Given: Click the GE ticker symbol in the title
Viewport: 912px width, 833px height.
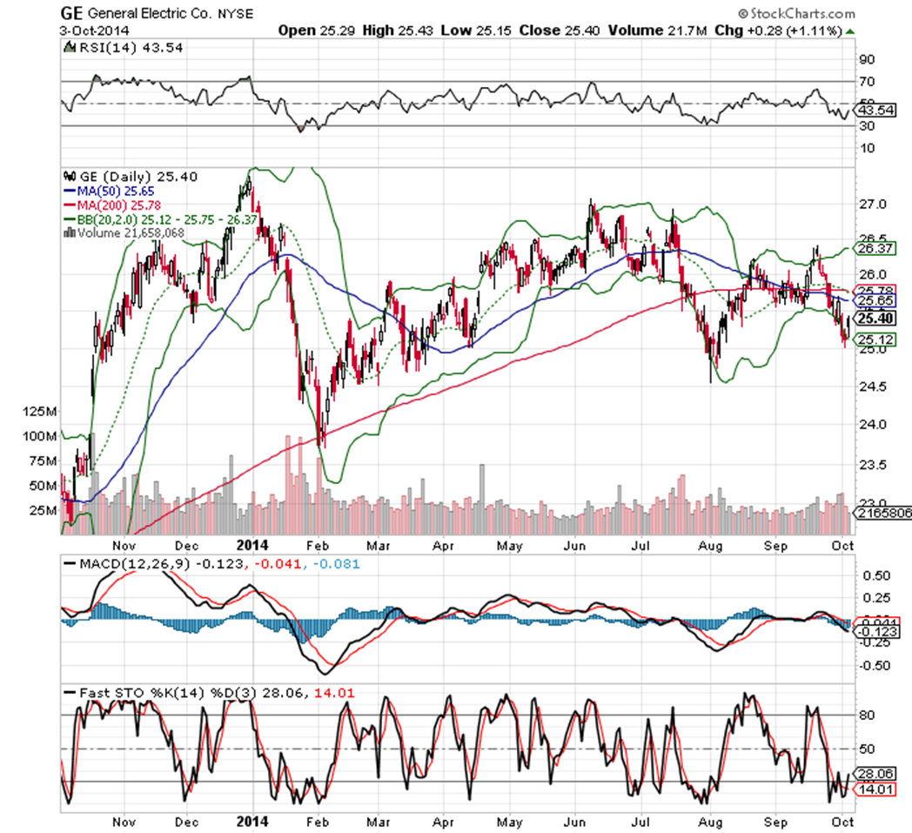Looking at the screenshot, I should pos(71,14).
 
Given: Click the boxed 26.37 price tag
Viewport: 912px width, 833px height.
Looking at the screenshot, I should pos(873,249).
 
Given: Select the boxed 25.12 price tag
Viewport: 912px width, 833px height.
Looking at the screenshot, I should pos(873,339).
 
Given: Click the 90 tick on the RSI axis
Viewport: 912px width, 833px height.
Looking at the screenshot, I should pos(867,60).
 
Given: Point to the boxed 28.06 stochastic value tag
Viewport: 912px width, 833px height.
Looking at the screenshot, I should pos(873,773).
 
